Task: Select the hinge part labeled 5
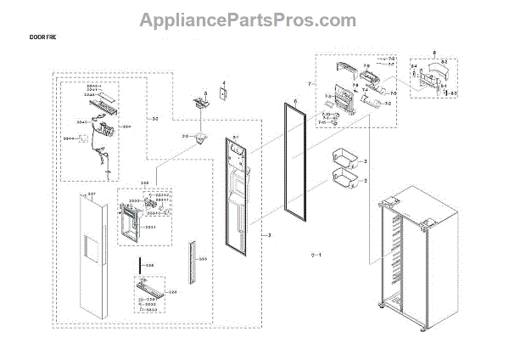[202, 104]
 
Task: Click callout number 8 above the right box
[433, 53]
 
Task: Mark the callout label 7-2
[388, 104]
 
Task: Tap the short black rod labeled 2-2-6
[135, 267]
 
